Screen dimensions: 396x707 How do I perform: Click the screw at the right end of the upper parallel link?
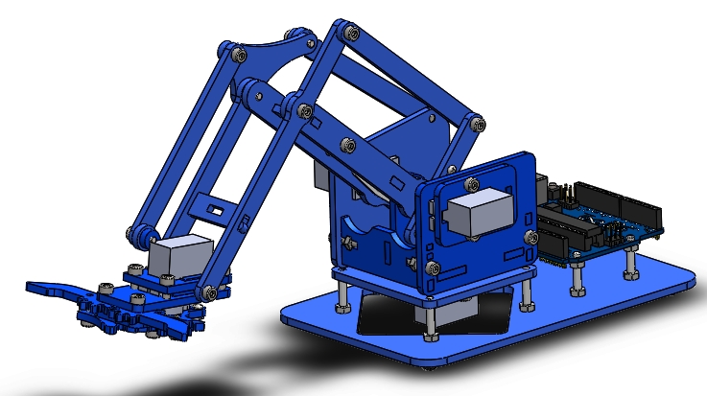pos(475,122)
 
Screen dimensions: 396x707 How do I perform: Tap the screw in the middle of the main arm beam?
pos(347,145)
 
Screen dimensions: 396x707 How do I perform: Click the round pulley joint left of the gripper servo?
pos(138,233)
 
